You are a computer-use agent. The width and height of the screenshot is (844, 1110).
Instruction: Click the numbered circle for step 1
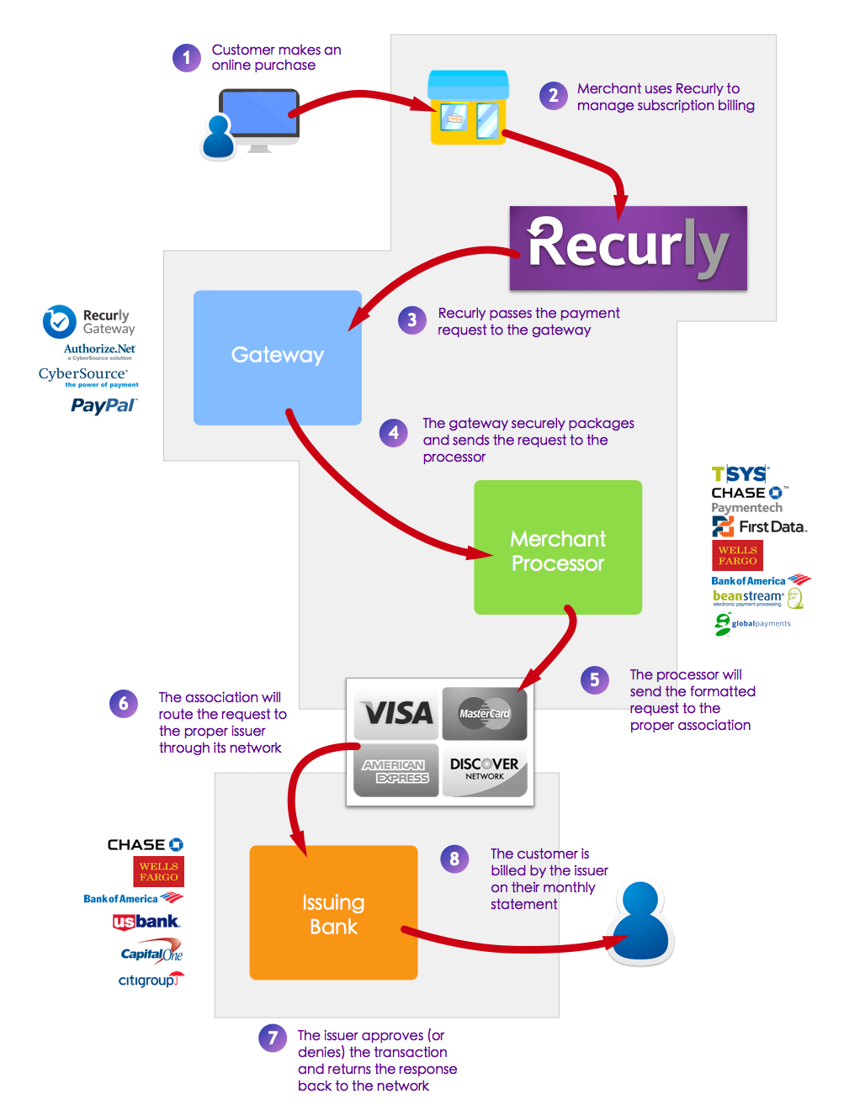(x=186, y=58)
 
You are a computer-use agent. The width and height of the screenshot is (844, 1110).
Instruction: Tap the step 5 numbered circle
(x=594, y=679)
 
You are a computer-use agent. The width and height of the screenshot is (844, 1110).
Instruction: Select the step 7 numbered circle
(x=273, y=1037)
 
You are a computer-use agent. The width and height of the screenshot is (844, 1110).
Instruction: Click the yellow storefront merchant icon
(x=468, y=107)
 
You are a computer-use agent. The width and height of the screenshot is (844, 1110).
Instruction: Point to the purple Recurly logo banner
(x=628, y=247)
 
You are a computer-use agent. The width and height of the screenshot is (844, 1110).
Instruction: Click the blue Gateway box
(x=278, y=357)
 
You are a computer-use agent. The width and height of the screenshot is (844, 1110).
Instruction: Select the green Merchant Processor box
(x=558, y=547)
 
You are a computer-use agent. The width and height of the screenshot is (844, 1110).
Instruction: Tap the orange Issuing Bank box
(x=333, y=912)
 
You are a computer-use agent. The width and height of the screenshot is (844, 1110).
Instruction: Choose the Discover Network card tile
(x=484, y=769)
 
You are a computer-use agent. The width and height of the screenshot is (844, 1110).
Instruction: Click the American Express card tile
(x=396, y=769)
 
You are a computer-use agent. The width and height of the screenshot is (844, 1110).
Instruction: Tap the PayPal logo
(x=104, y=405)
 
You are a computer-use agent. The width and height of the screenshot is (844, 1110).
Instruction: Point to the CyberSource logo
(x=88, y=376)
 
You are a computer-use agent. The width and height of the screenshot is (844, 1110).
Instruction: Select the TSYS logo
(x=740, y=473)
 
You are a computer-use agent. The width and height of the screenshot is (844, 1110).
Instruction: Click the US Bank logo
(x=146, y=922)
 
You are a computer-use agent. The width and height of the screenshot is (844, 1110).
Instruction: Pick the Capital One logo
(x=151, y=951)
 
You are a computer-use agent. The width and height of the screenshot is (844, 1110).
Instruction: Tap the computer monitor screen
(x=258, y=113)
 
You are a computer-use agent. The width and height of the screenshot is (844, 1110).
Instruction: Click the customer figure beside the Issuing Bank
(x=640, y=921)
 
